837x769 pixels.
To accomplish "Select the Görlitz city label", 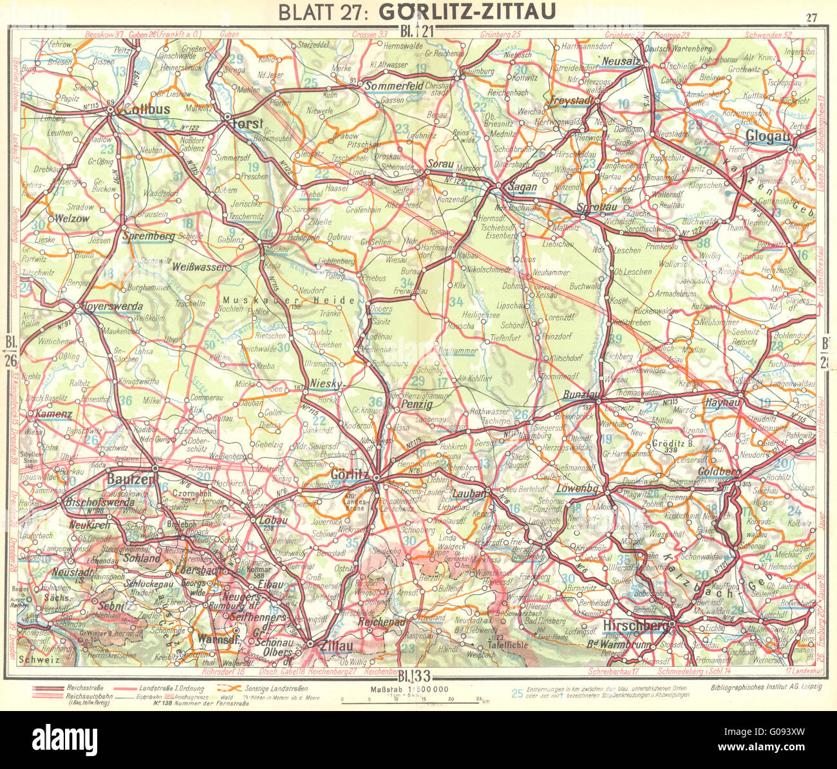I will (x=348, y=474).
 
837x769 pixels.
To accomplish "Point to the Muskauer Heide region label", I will (x=289, y=301).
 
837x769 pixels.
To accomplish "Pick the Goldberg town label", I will (x=719, y=472).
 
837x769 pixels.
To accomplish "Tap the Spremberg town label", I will (x=148, y=236).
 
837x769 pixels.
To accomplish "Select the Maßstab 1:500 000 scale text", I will (x=409, y=689).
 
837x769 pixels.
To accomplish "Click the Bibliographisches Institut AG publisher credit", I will (x=766, y=688).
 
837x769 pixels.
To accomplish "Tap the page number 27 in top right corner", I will (x=810, y=18).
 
